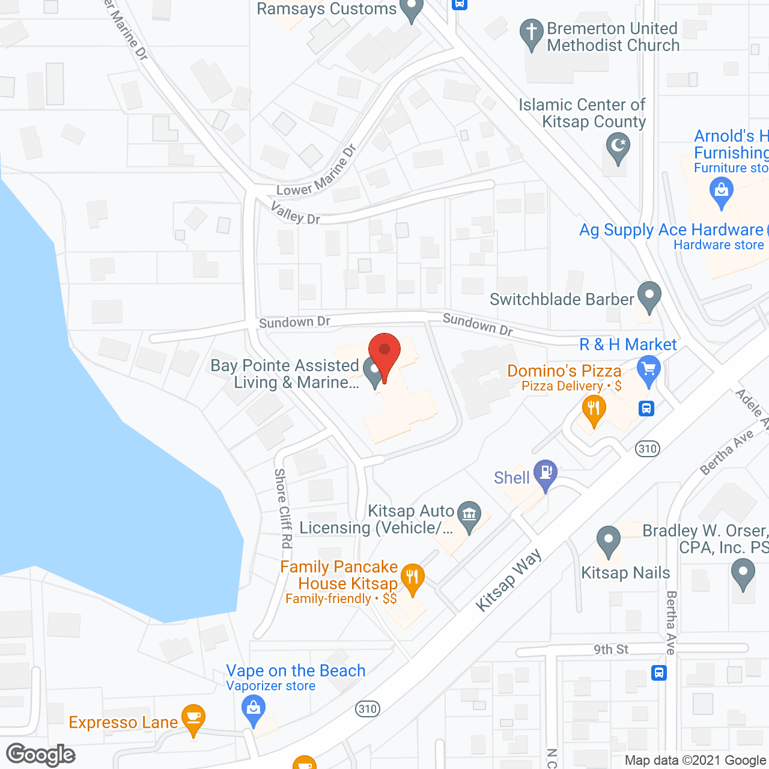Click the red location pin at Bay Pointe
click(384, 352)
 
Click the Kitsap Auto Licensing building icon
click(469, 515)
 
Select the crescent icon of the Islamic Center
click(618, 147)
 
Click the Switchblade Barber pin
click(649, 296)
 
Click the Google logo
click(41, 755)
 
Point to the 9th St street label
click(611, 649)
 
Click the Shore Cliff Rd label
click(282, 508)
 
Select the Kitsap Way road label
click(508, 580)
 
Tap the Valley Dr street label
click(295, 213)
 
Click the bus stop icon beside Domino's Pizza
click(646, 409)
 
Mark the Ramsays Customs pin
click(412, 9)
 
